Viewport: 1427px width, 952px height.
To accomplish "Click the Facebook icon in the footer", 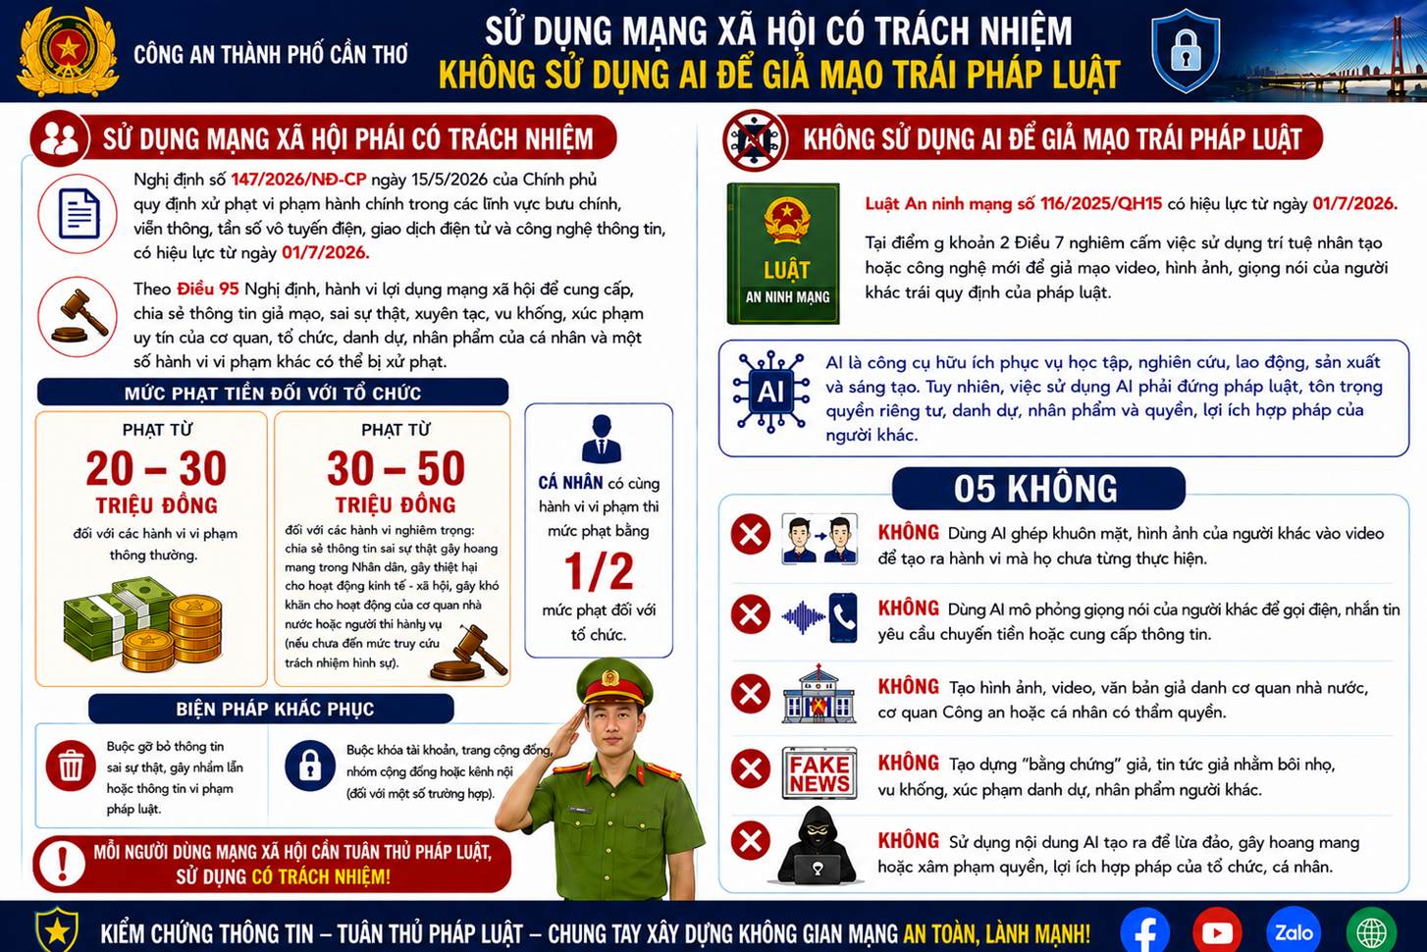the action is (x=1144, y=931).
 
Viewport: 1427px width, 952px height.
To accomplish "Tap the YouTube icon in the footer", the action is (x=1217, y=931).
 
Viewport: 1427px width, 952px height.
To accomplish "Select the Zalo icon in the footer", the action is (x=1294, y=931).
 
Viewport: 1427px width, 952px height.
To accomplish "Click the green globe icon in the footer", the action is (x=1372, y=931).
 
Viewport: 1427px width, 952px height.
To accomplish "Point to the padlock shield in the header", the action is (x=1186, y=51).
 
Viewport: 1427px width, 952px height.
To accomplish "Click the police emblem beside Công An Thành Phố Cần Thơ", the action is (x=68, y=51).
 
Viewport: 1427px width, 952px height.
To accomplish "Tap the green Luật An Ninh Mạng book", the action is (x=783, y=253).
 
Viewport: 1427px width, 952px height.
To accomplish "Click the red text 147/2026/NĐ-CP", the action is (x=298, y=180).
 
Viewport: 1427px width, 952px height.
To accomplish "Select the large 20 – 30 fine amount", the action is (x=156, y=468).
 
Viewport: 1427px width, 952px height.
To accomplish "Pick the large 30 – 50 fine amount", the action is (x=396, y=468).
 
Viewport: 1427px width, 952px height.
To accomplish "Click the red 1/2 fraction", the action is (x=599, y=571).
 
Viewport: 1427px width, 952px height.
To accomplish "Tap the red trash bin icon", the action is (x=71, y=766).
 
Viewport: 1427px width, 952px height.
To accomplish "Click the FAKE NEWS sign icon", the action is (x=819, y=773).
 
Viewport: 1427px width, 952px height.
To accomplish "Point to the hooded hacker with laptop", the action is (x=818, y=846).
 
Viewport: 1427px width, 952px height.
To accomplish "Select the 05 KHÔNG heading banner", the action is (x=1038, y=489).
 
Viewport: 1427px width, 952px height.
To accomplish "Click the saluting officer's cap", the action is (x=613, y=683).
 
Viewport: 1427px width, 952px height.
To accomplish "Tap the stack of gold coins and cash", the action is (x=142, y=625).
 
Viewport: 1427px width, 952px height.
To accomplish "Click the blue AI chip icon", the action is (x=770, y=392).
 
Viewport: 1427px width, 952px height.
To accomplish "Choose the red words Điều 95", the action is (x=208, y=290).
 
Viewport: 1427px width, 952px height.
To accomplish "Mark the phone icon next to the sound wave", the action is (x=843, y=616).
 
